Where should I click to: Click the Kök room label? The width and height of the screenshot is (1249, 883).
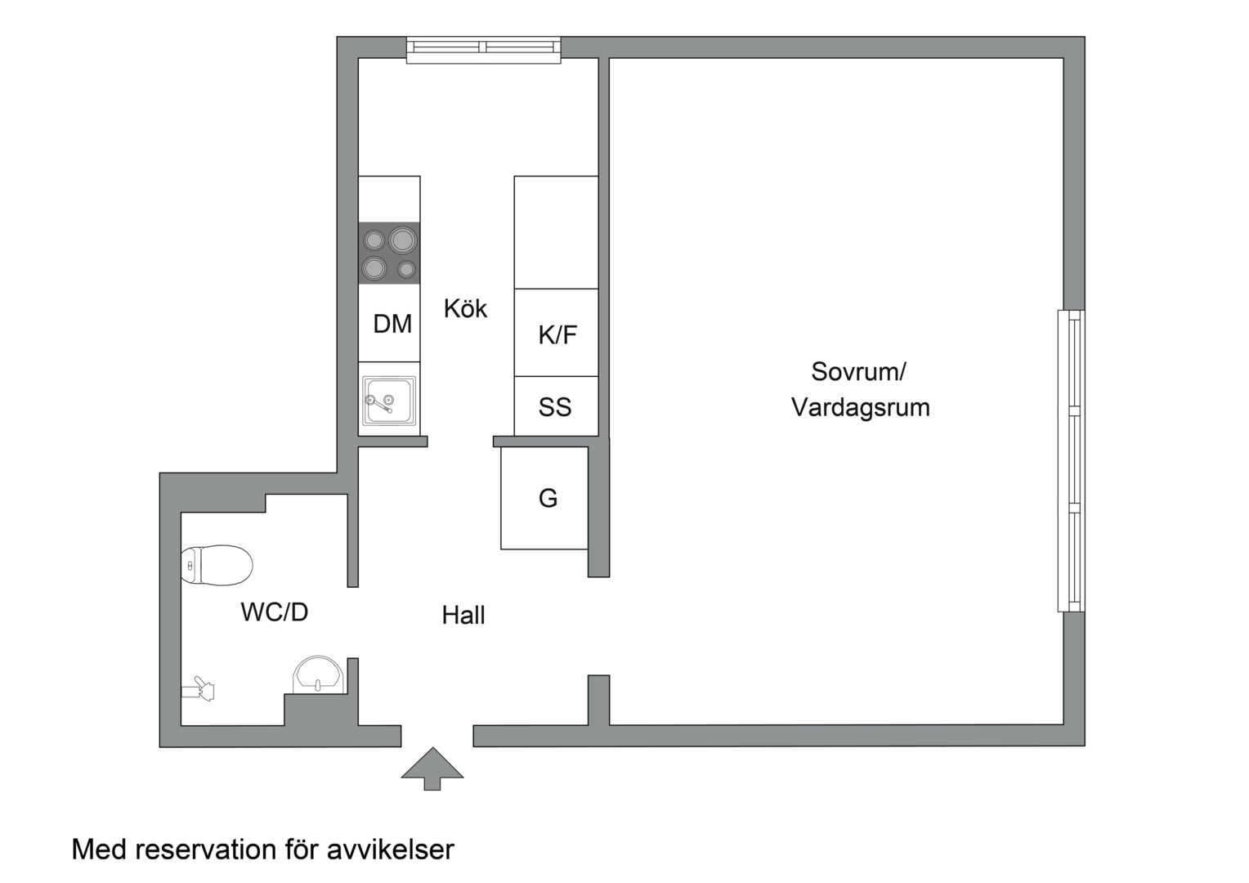click(x=465, y=308)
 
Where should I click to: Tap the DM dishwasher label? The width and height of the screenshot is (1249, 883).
click(x=392, y=324)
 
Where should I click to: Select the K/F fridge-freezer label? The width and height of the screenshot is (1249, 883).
click(x=557, y=334)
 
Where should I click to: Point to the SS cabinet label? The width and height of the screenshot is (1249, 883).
click(x=555, y=407)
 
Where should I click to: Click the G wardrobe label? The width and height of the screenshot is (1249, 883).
click(x=548, y=497)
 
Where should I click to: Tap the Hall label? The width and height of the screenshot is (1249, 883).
click(x=463, y=615)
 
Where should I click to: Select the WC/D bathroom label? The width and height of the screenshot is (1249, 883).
click(x=275, y=612)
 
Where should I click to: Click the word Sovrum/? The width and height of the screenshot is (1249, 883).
click(x=858, y=371)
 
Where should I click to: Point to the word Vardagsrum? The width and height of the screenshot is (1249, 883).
click(x=860, y=407)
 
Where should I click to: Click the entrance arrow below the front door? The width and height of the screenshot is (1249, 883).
click(x=432, y=768)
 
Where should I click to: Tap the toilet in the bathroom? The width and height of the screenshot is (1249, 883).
click(x=216, y=565)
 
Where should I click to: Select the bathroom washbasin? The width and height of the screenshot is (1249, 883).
click(x=319, y=674)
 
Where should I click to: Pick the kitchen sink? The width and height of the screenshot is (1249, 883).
click(x=389, y=400)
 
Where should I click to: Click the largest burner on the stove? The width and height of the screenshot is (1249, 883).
click(x=402, y=240)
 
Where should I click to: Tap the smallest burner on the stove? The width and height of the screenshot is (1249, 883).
click(x=406, y=269)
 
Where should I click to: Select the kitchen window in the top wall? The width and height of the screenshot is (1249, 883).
click(x=484, y=49)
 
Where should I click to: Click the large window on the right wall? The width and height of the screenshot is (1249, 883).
click(x=1072, y=461)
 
